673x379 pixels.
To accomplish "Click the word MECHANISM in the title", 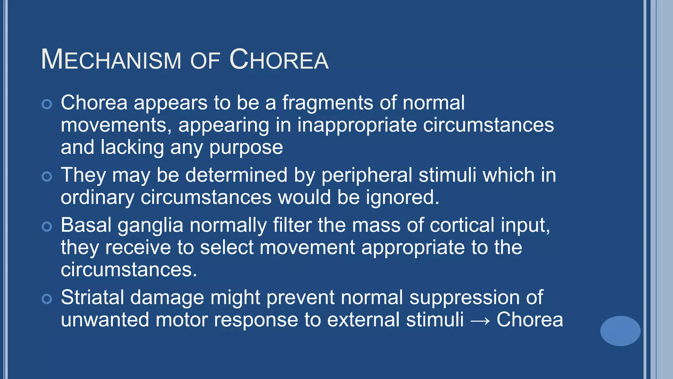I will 111,60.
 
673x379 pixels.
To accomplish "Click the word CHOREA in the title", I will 279,60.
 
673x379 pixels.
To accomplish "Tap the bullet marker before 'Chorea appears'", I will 47,104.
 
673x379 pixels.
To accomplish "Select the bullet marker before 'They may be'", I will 47,177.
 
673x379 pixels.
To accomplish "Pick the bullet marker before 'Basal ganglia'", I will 47,227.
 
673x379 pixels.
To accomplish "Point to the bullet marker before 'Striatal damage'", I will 47,299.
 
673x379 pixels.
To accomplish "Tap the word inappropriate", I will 357,125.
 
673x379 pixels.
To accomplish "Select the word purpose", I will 246,148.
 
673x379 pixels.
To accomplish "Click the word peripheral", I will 366,175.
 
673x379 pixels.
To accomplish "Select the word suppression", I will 464,298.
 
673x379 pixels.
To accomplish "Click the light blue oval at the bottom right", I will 620,331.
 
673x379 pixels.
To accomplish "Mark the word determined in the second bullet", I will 236,175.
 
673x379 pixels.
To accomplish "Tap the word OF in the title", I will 205,61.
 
